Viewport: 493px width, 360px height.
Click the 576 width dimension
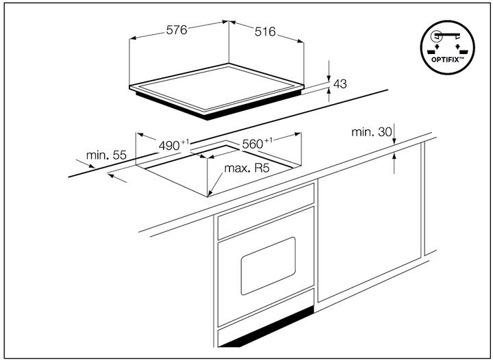tap(177, 30)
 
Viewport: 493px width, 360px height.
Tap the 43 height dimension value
tap(340, 84)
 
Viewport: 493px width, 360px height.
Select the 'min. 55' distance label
tap(106, 155)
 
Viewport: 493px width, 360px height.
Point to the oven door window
tap(268, 266)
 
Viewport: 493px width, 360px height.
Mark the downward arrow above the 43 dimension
tap(329, 70)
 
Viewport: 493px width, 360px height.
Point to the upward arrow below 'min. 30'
tap(395, 162)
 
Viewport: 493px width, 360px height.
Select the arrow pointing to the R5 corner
tap(214, 183)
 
